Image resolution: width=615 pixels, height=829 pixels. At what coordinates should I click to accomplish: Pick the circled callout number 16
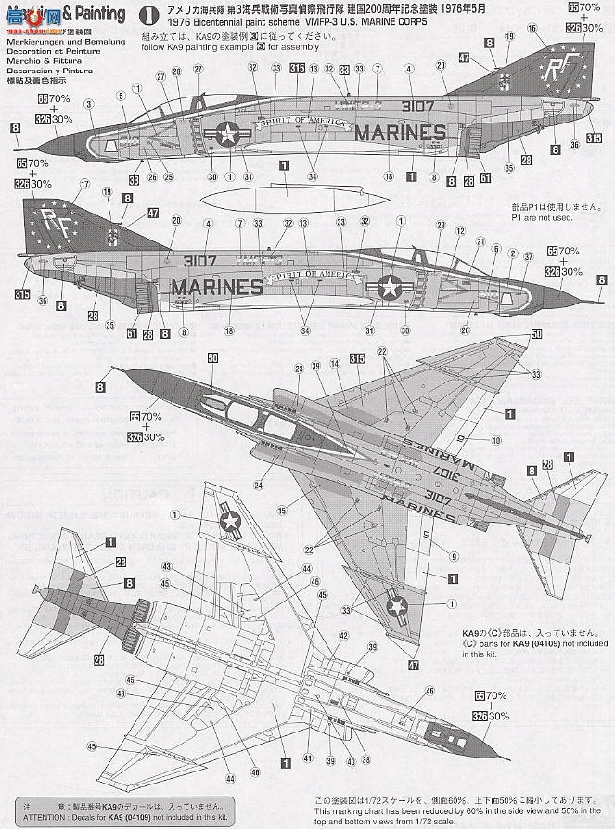click(532, 29)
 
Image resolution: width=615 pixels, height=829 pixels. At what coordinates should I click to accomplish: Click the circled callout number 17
click(85, 184)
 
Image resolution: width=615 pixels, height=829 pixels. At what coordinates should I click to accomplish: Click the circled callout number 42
click(343, 636)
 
